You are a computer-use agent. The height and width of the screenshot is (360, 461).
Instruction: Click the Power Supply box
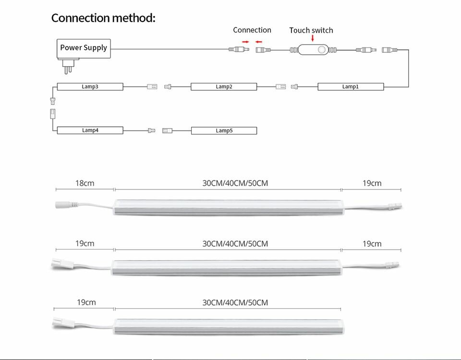tap(84, 48)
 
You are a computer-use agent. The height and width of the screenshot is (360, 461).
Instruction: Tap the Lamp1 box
tap(351, 87)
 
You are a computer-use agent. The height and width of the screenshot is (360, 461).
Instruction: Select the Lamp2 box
tap(224, 87)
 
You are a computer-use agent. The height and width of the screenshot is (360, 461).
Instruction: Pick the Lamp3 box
tap(90, 87)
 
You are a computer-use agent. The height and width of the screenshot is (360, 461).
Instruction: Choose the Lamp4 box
tap(90, 130)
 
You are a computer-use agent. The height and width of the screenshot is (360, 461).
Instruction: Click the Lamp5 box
tap(224, 131)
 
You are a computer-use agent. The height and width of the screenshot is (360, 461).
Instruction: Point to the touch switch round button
tap(322, 49)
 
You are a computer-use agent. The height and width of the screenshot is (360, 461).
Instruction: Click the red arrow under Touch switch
tap(313, 38)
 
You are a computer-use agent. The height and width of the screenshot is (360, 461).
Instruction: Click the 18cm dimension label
tap(85, 183)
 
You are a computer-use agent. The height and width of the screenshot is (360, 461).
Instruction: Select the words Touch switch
tap(311, 30)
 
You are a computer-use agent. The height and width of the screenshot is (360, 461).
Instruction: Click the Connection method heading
tap(103, 18)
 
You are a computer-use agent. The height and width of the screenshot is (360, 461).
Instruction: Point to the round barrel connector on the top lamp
tap(66, 204)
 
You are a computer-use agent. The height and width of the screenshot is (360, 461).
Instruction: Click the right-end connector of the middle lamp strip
tap(392, 265)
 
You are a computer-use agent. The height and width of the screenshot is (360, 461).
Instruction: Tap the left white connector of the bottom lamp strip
tap(62, 323)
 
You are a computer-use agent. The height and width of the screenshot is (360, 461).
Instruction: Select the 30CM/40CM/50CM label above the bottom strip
tap(235, 303)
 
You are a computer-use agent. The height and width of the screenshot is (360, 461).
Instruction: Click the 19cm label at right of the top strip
tap(372, 183)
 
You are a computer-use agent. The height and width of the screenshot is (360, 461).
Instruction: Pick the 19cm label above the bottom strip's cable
tap(86, 302)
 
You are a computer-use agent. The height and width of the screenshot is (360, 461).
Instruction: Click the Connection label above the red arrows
tap(252, 30)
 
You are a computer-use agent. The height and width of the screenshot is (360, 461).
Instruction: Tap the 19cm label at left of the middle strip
tap(85, 243)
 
